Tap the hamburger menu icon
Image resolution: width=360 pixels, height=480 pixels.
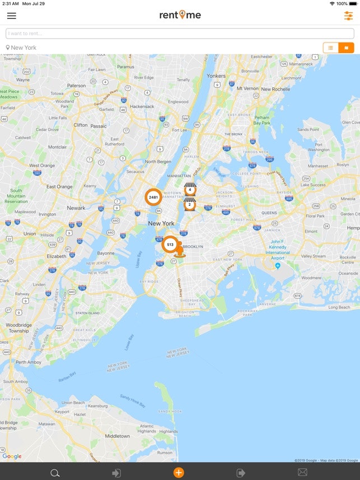[x=11, y=16]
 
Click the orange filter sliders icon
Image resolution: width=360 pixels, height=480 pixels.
[x=348, y=16]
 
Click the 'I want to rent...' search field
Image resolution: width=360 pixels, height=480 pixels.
[x=180, y=34]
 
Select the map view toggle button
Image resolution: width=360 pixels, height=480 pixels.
[x=346, y=48]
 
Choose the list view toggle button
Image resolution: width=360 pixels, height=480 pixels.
[x=331, y=48]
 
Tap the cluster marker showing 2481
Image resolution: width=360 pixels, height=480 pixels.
[x=153, y=197]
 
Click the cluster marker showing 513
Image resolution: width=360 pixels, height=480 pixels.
[x=170, y=244]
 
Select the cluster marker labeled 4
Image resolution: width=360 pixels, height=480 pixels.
[x=190, y=190]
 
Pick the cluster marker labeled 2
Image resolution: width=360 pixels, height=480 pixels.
[x=190, y=204]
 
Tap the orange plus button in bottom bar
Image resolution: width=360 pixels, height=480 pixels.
[x=179, y=473]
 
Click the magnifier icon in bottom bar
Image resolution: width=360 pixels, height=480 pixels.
[x=55, y=473]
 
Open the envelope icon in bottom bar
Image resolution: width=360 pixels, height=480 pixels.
[x=302, y=473]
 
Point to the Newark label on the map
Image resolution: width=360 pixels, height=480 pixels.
[x=76, y=208]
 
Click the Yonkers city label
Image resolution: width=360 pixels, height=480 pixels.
[x=216, y=76]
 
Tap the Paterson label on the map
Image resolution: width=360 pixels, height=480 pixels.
[x=77, y=86]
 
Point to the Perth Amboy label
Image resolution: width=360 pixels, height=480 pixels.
[x=28, y=362]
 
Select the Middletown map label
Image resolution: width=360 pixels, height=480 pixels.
[x=117, y=436]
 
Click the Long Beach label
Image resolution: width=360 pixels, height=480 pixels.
[x=339, y=307]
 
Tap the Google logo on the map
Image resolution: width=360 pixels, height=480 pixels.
[x=12, y=456]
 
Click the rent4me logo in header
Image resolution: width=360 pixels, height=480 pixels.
[x=180, y=15]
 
